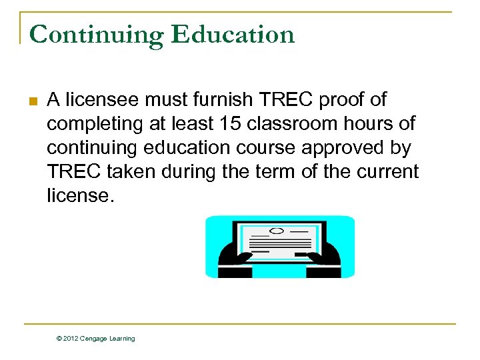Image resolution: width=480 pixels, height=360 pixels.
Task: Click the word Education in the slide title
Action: coord(233,34)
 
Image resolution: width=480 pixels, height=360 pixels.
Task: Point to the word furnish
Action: coord(220,100)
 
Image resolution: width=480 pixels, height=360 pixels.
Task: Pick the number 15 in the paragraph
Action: coord(215,124)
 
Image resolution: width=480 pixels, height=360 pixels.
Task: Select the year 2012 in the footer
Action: coord(71,339)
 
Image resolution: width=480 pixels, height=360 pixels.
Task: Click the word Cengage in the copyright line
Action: coord(93,339)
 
